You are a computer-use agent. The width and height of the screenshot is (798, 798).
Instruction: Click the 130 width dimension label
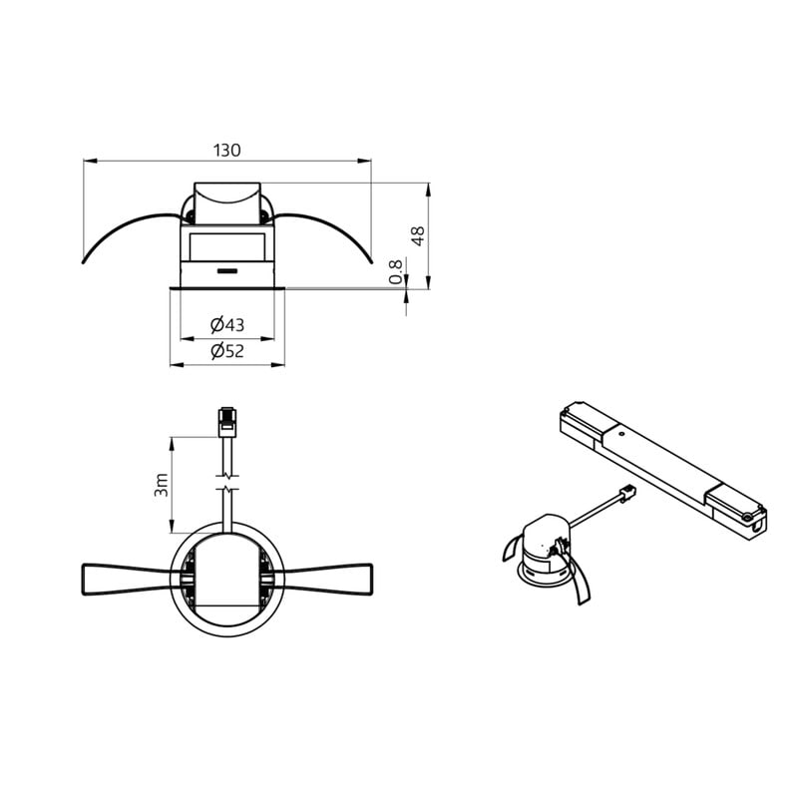pyautogui.click(x=227, y=151)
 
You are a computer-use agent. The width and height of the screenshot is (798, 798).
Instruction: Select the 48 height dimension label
pyautogui.click(x=418, y=236)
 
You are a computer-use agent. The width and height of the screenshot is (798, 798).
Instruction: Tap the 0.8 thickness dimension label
pyautogui.click(x=395, y=271)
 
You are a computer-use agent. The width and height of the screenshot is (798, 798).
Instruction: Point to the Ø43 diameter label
pyautogui.click(x=227, y=324)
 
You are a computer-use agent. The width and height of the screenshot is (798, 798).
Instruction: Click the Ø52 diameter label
pyautogui.click(x=227, y=351)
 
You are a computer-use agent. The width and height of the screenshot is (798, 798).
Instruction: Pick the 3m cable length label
pyautogui.click(x=161, y=485)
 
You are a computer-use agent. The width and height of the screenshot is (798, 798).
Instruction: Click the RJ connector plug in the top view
pyautogui.click(x=227, y=422)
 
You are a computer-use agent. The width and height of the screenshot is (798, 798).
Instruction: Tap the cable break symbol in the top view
pyautogui.click(x=227, y=484)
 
